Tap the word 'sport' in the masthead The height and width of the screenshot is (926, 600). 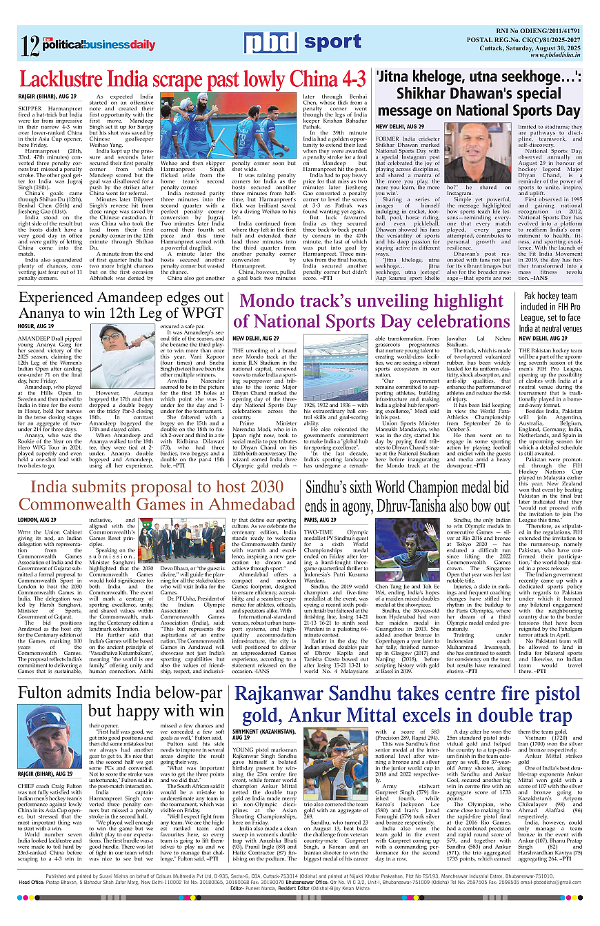point(332,42)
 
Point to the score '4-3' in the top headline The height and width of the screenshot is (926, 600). point(350,77)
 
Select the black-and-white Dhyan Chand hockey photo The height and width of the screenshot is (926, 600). point(337,372)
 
